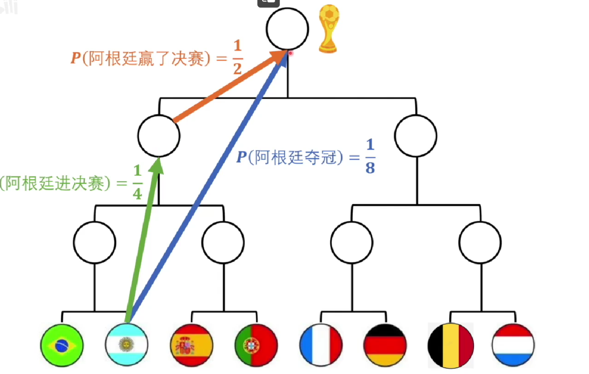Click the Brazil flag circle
click(x=61, y=345)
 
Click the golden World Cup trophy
click(x=328, y=30)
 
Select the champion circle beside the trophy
click(x=287, y=28)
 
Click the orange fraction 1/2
click(x=237, y=58)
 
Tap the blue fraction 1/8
click(x=371, y=157)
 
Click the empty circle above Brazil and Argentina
click(x=95, y=242)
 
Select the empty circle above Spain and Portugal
click(x=223, y=242)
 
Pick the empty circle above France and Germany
click(x=351, y=242)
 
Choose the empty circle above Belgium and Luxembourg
click(x=480, y=242)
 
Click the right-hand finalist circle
click(x=416, y=135)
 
